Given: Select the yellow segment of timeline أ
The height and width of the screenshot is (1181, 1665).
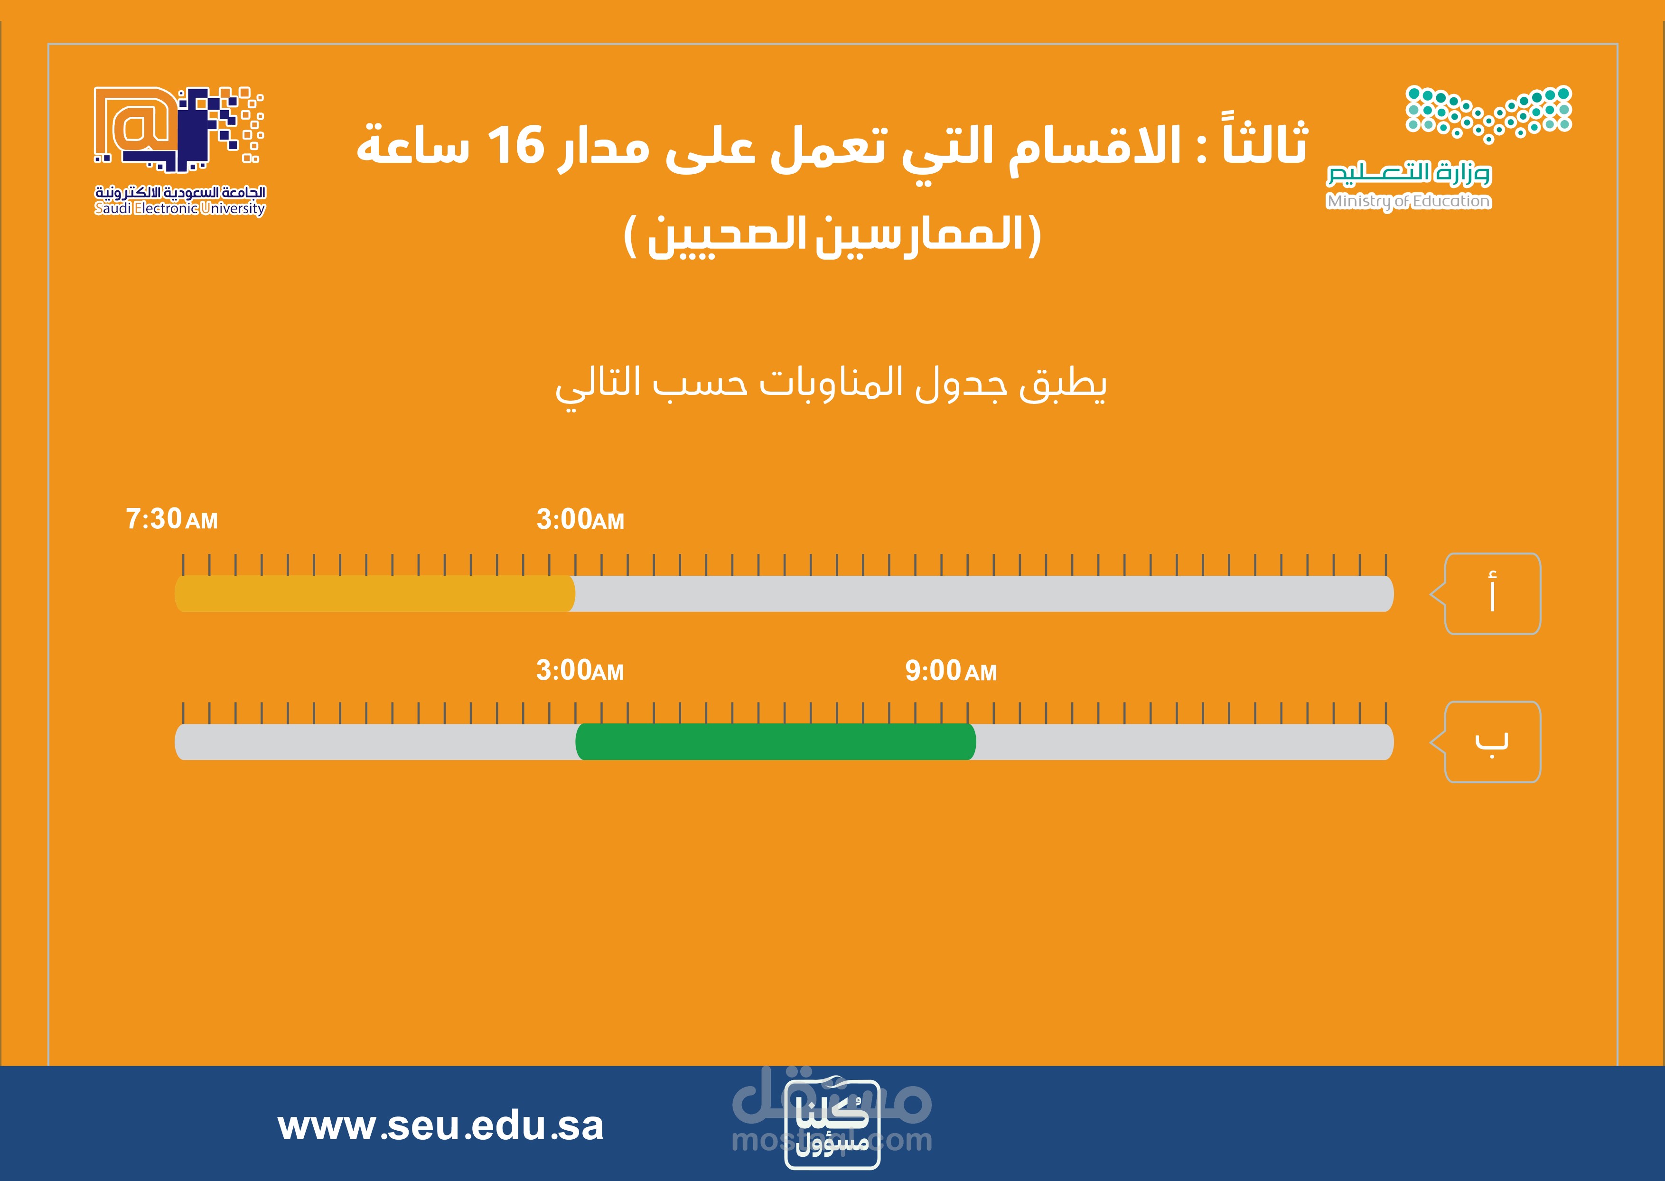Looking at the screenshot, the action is pos(374,593).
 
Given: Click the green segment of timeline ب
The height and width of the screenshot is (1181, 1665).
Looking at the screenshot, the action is pos(775,742).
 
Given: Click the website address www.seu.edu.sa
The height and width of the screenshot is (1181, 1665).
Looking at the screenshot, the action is pos(440,1126).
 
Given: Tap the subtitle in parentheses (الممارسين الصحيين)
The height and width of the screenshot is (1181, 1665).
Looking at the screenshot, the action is pos(832,235).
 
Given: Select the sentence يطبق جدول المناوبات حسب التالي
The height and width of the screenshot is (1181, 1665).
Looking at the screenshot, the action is pos(831,385).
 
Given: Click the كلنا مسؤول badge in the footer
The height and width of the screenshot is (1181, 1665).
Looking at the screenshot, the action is pos(832,1125).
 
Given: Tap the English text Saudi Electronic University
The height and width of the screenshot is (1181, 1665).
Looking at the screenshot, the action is pos(179,209).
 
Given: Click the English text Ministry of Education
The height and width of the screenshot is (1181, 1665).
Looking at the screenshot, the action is pos(1408,201).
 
